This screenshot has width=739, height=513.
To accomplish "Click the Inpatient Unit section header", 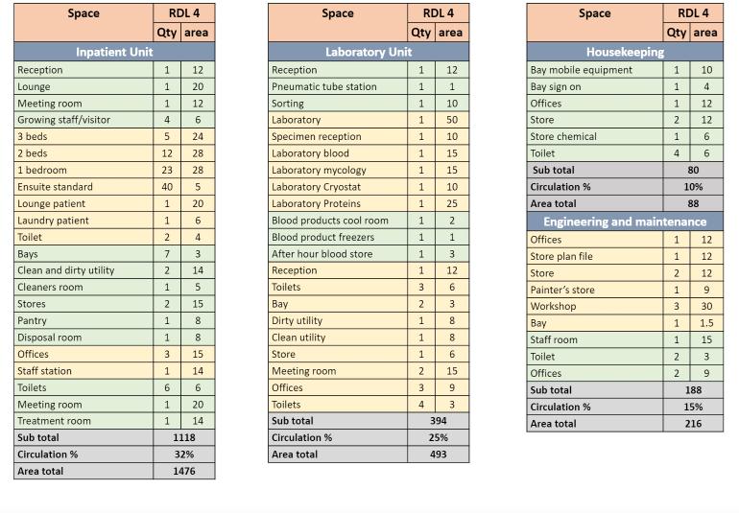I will [x=114, y=52].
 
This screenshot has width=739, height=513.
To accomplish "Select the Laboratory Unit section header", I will [x=369, y=52].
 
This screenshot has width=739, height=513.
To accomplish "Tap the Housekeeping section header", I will [x=625, y=52].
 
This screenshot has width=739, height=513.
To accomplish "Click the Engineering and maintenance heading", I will [x=625, y=222].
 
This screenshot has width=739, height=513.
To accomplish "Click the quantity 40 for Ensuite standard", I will [x=167, y=187].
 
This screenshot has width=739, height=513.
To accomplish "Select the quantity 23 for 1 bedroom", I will [x=167, y=170].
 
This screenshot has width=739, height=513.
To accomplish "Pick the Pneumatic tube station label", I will [x=323, y=86].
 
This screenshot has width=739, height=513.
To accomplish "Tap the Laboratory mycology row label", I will [x=319, y=170].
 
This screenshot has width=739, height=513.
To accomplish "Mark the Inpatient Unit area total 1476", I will [x=182, y=472].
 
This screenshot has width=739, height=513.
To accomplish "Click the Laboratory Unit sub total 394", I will [x=438, y=421].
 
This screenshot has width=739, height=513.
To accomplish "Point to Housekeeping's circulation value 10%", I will [x=693, y=187].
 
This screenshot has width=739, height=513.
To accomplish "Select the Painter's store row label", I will [x=562, y=290].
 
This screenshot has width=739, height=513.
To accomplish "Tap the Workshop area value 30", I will [x=706, y=307].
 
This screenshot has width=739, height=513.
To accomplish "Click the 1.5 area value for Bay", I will [x=706, y=323].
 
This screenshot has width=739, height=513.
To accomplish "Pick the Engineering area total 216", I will [x=693, y=423].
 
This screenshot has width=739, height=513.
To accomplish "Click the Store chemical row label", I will [x=563, y=136].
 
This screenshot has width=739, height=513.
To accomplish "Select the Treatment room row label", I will [x=54, y=421].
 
